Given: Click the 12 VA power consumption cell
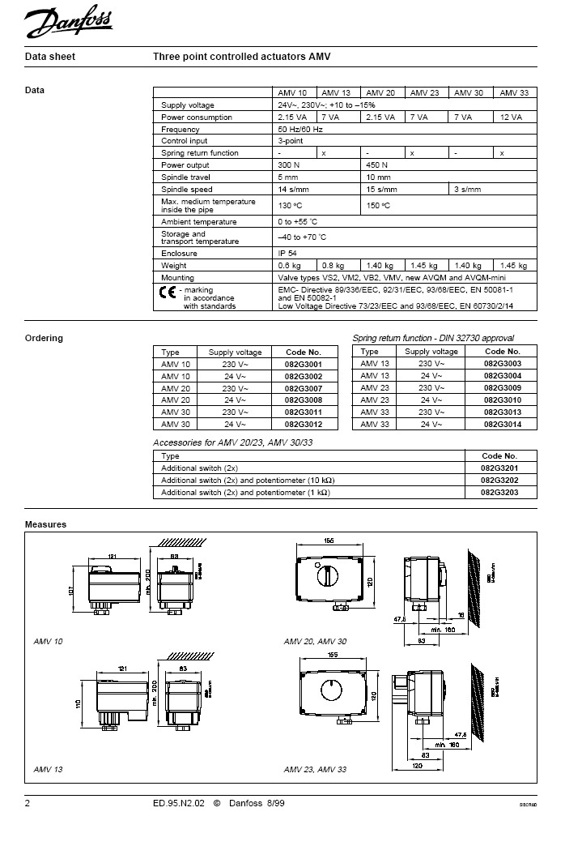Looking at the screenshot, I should coord(512,117).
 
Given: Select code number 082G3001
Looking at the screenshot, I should coord(304,365).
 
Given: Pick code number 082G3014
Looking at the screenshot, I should coord(503,425).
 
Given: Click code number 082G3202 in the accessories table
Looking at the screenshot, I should coord(499,480).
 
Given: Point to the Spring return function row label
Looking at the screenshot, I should coord(199,153).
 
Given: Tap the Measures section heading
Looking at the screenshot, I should coord(45,524).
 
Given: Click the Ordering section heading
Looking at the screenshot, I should coord(44,338).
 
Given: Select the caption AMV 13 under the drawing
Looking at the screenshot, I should coord(48,768).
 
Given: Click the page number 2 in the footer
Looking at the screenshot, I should coord(28,804).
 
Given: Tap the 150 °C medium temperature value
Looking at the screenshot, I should coord(378,206).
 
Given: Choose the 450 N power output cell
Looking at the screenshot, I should coord(378,165).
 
